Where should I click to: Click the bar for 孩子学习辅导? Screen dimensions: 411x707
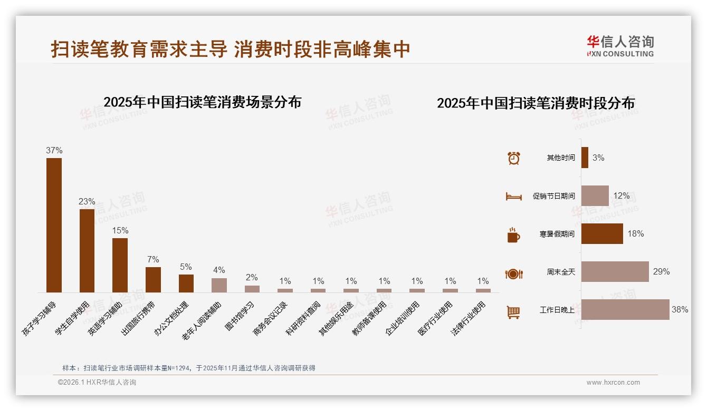(54, 225)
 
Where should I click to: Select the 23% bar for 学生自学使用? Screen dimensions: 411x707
(87, 250)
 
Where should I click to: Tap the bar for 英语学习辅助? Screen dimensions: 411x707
(120, 265)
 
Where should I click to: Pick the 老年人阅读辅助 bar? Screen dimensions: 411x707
(219, 285)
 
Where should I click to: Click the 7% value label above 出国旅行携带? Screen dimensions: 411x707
(153, 259)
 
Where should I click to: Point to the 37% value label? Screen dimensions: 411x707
(54, 150)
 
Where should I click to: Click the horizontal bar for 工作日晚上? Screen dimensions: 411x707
(625, 310)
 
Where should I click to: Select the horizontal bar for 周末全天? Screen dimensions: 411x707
(615, 272)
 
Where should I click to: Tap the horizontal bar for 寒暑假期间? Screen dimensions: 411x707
(602, 234)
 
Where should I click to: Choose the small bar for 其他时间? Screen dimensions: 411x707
(585, 158)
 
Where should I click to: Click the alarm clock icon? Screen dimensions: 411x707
(513, 158)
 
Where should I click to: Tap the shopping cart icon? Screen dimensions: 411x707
(513, 312)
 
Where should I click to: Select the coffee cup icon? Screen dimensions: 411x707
(513, 235)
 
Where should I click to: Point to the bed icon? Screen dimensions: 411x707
(513, 197)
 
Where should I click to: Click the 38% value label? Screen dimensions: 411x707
(680, 310)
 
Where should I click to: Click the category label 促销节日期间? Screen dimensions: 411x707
(553, 196)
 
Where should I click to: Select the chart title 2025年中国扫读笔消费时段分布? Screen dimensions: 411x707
(536, 103)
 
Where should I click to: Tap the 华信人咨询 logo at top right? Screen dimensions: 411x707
(620, 46)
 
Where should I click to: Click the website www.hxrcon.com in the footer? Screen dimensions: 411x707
(613, 383)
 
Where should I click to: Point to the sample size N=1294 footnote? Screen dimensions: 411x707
(188, 368)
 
